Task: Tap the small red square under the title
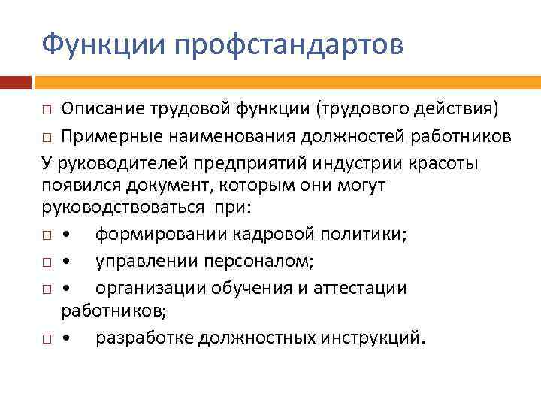15,82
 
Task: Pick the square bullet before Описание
47,112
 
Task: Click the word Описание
107,111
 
